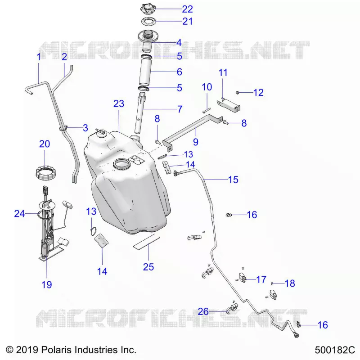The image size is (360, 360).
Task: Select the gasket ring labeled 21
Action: pyautogui.click(x=148, y=21)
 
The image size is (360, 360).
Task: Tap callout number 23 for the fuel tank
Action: pyautogui.click(x=119, y=104)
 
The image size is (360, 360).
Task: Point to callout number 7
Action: pyautogui.click(x=180, y=109)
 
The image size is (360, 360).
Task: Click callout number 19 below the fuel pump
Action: pyautogui.click(x=47, y=285)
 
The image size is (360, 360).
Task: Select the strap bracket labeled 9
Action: pyautogui.click(x=193, y=131)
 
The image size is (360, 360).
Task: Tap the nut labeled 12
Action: pyautogui.click(x=238, y=93)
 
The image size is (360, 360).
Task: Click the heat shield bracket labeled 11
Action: pyautogui.click(x=229, y=105)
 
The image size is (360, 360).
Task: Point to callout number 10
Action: pyautogui.click(x=207, y=87)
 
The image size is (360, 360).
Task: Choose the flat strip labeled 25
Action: pyautogui.click(x=147, y=242)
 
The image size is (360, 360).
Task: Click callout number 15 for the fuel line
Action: pyautogui.click(x=233, y=180)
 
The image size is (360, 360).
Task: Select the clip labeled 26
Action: pyautogui.click(x=232, y=308)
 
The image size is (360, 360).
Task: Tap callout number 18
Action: pyautogui.click(x=290, y=283)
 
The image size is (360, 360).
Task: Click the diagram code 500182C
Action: pyautogui.click(x=335, y=351)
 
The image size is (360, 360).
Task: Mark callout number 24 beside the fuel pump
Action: pyautogui.click(x=19, y=213)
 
